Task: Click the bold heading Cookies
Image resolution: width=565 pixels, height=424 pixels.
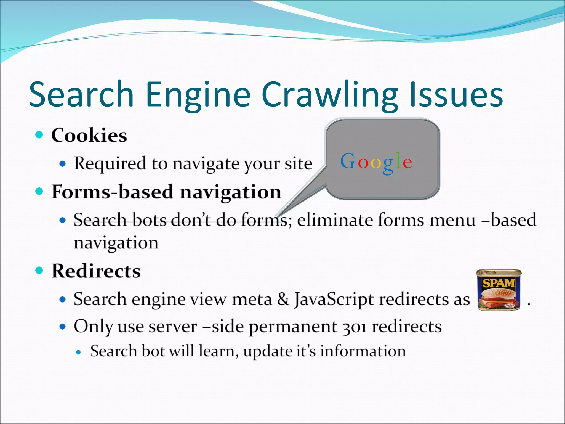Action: click(89, 135)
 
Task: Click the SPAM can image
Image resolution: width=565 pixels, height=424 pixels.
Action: click(499, 290)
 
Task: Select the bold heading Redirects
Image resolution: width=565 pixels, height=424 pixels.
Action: click(96, 271)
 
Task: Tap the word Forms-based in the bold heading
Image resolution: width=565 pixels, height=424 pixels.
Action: click(113, 192)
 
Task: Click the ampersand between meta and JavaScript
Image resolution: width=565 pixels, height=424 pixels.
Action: click(283, 299)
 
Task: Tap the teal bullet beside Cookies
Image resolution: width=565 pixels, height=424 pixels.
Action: click(39, 135)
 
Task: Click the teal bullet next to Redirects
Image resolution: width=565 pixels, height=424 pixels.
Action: click(39, 271)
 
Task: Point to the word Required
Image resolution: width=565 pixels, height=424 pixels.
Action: click(110, 164)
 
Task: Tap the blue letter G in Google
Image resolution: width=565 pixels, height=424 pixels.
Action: click(347, 161)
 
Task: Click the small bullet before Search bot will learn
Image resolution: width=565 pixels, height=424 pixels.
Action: click(79, 352)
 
